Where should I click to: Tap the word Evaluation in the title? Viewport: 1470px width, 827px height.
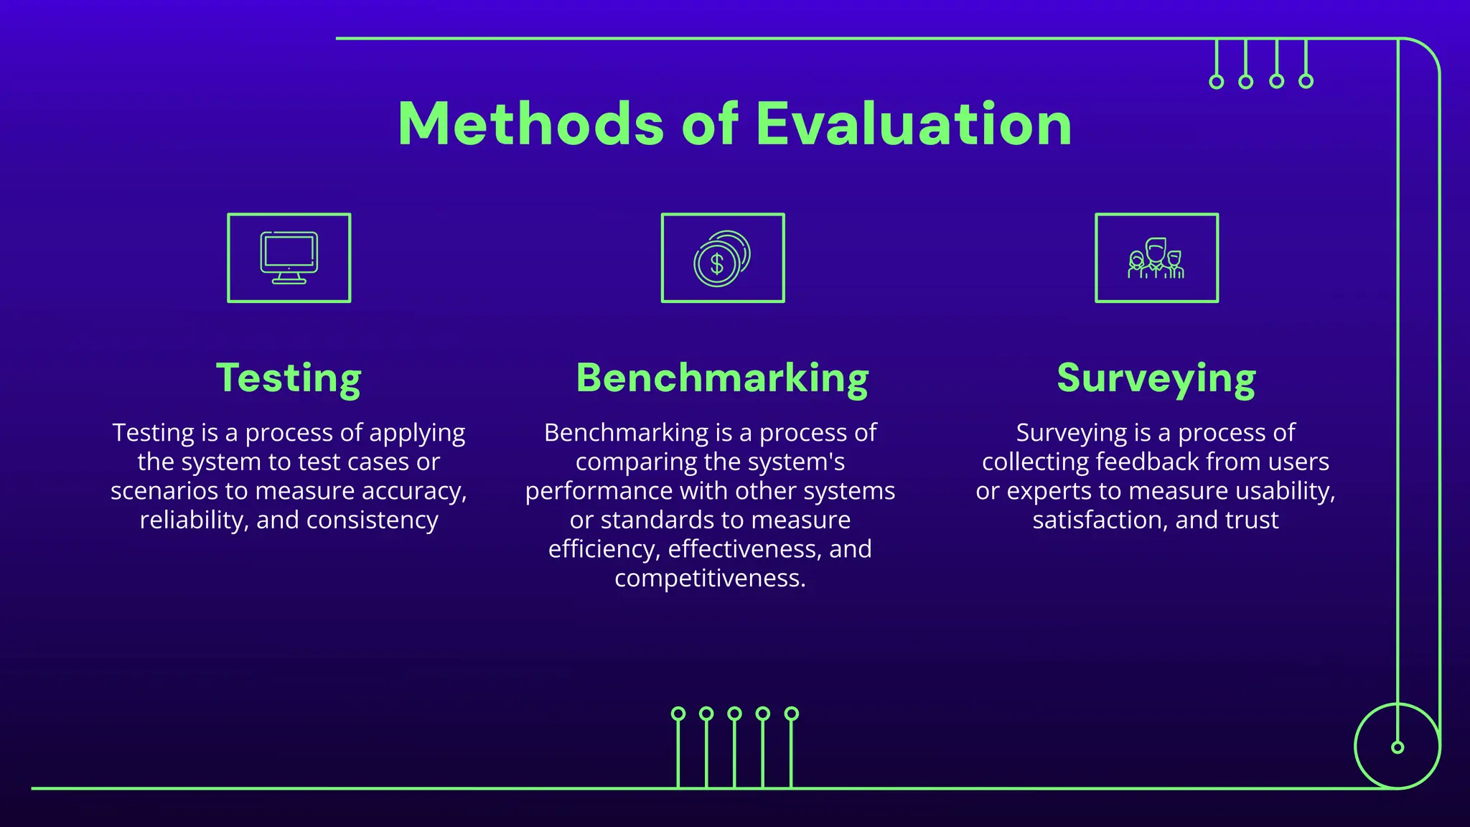point(914,124)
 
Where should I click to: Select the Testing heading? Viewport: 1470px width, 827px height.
point(289,378)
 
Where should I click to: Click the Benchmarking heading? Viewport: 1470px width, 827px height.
point(722,378)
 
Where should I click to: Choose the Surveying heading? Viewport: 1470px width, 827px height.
point(1156,378)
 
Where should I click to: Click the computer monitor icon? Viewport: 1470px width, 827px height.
point(289,258)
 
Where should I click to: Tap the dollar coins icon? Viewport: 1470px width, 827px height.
point(722,258)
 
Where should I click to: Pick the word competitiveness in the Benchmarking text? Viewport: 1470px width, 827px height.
point(710,579)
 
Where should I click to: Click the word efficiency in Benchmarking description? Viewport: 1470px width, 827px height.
point(604,550)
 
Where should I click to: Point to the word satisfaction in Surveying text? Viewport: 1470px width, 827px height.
point(1100,520)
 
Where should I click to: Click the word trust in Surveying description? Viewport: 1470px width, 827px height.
point(1253,520)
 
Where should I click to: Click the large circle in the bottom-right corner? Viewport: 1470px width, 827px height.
point(1397,747)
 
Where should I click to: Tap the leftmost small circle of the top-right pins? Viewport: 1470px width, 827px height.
point(1217,82)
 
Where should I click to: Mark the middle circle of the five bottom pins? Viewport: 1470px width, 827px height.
point(734,714)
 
